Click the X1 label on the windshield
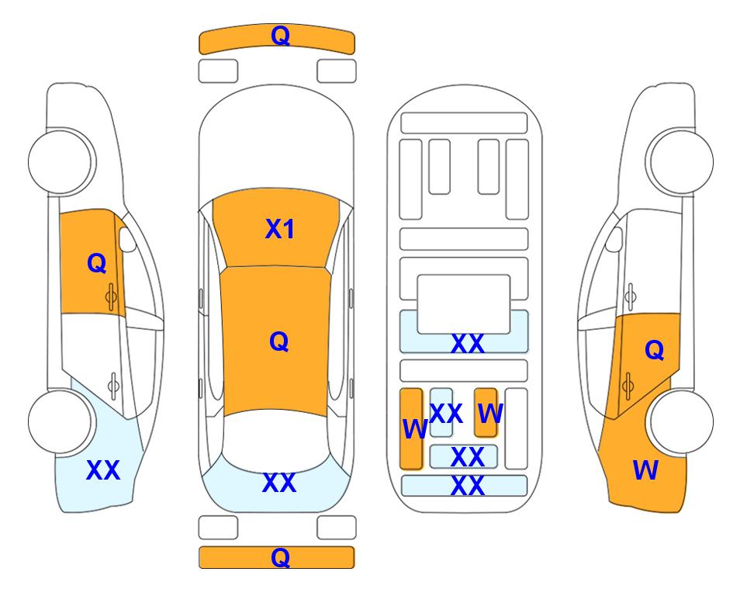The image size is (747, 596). click(279, 229)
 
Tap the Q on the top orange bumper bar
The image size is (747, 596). click(280, 36)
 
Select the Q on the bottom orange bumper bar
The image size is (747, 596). click(280, 557)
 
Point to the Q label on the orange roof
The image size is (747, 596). click(278, 341)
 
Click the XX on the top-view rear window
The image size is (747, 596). click(279, 483)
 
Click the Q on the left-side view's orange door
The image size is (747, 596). click(96, 264)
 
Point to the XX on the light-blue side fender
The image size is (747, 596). click(102, 470)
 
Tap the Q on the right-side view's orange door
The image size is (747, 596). click(654, 351)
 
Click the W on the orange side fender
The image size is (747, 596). click(645, 470)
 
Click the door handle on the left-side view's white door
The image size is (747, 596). click(113, 383)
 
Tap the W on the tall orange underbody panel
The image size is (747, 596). click(414, 428)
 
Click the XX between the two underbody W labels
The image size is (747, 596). click(445, 414)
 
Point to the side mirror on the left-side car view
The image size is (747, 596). click(127, 241)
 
